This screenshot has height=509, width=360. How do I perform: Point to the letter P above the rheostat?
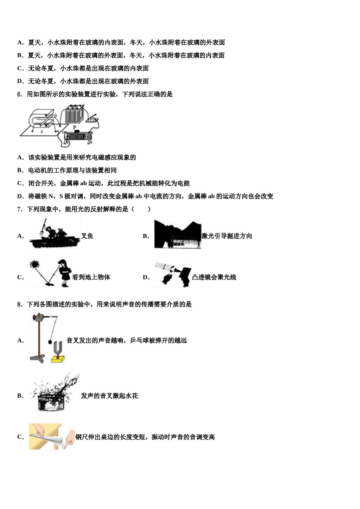coord(74,128)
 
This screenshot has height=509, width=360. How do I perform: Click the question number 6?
coord(20,94)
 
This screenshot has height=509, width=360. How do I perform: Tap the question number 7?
coord(20,209)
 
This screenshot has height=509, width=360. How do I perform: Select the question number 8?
coord(20,304)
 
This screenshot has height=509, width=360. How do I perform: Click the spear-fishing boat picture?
coord(54,235)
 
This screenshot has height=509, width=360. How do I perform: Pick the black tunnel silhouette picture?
coord(177,235)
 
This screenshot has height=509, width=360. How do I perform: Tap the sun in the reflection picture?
coord(35,264)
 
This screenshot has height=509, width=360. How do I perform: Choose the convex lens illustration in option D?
coord(172,273)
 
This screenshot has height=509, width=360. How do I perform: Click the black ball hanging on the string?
coord(50,342)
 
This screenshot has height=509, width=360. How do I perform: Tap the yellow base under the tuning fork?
coord(58,358)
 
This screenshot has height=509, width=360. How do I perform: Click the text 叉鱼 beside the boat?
coord(87,236)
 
